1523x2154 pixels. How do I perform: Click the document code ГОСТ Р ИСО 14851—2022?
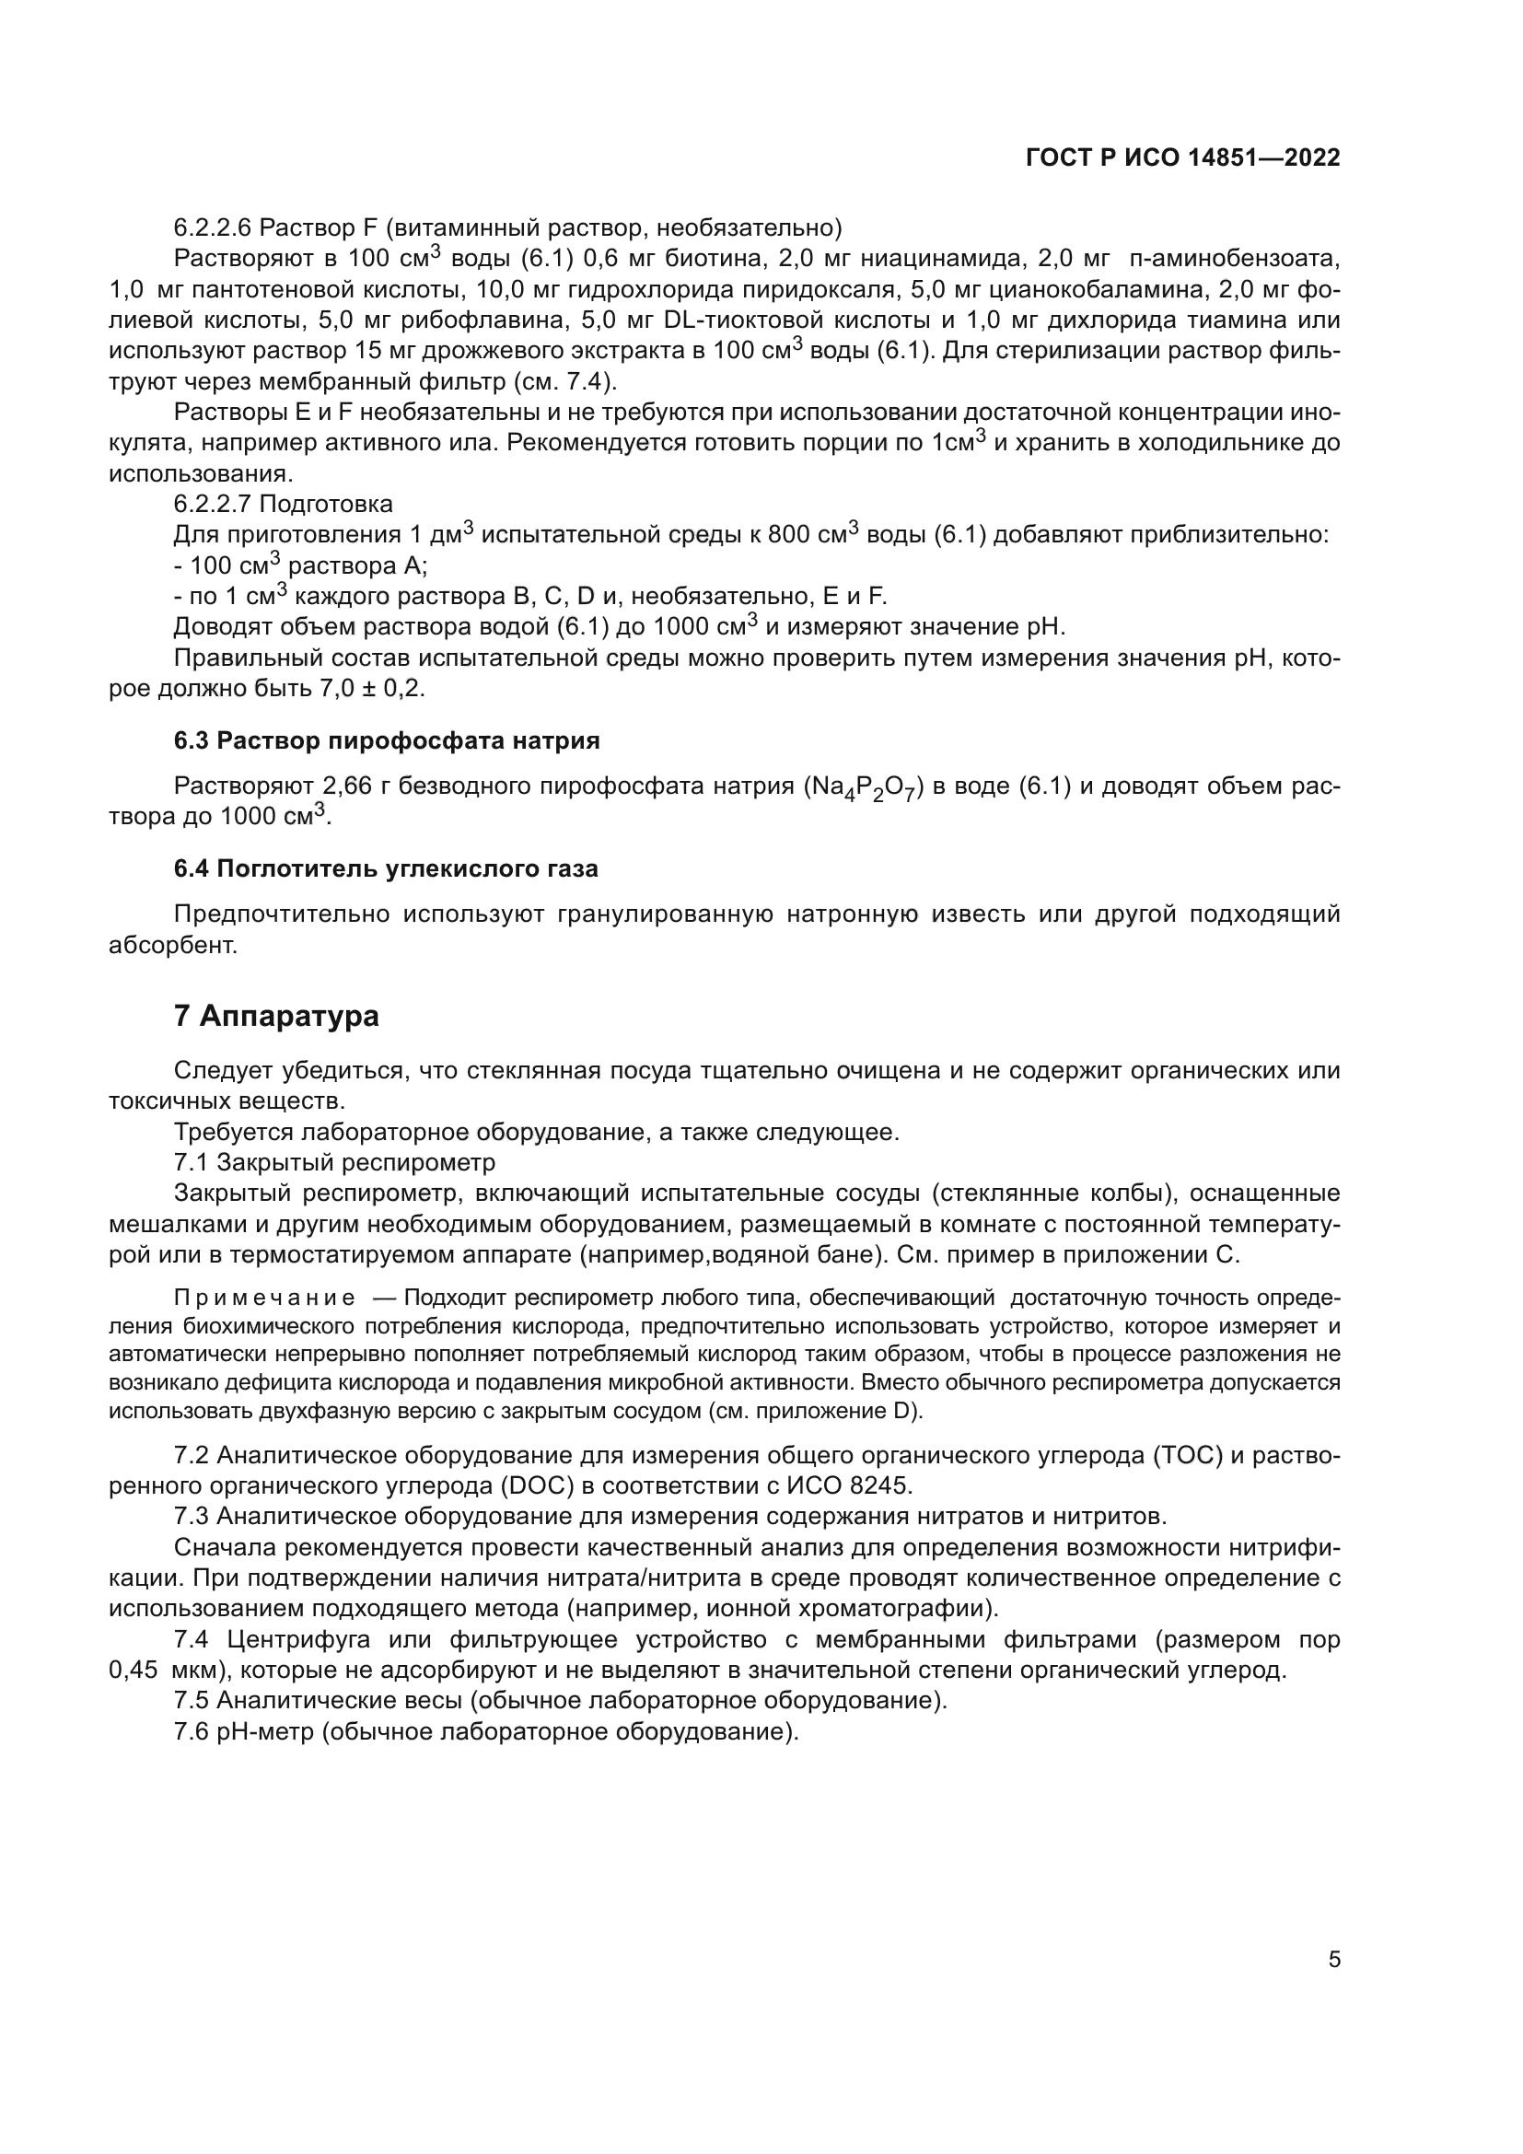1182,157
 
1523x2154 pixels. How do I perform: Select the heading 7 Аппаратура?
276,1016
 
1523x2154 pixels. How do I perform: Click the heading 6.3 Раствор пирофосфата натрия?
387,741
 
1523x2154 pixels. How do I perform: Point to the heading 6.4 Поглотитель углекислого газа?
386,868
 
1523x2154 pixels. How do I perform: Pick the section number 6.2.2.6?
213,228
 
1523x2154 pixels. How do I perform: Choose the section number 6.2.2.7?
213,505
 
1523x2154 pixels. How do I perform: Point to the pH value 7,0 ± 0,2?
371,689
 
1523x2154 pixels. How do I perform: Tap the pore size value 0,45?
133,1671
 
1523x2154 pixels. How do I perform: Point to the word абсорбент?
172,945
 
